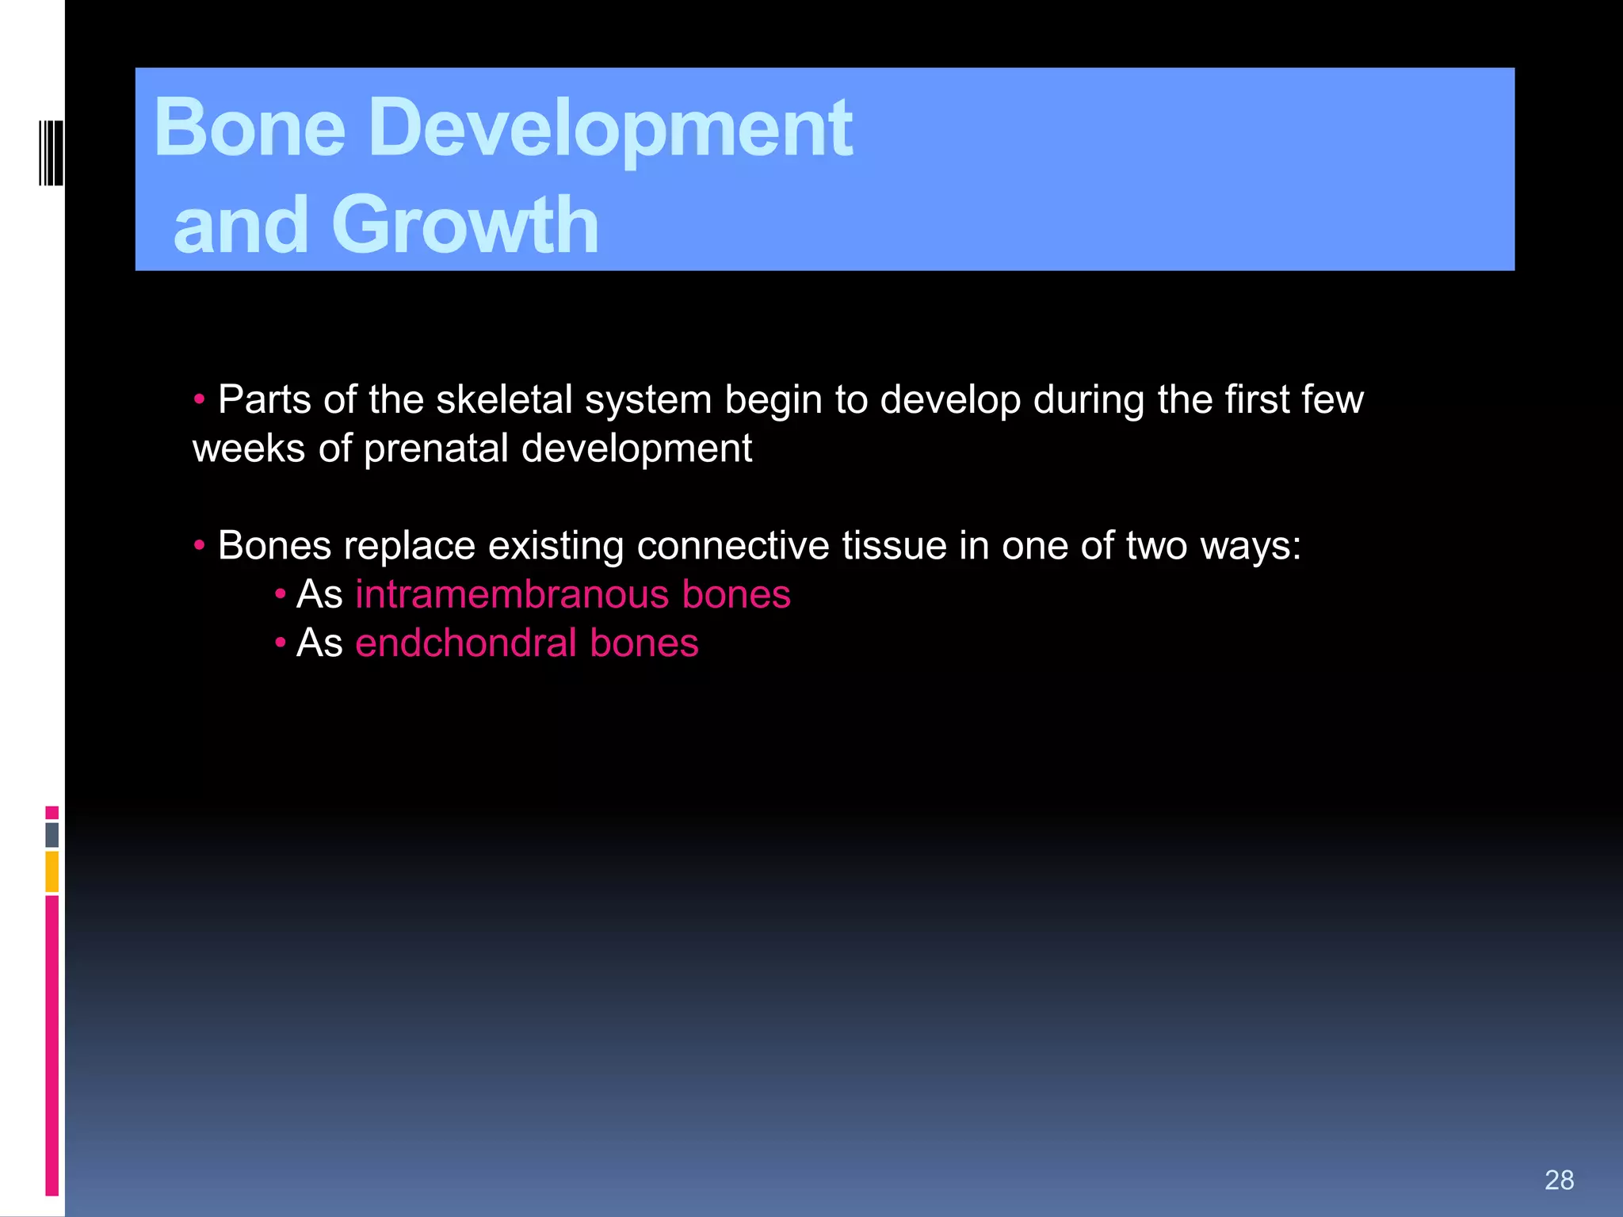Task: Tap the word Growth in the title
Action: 465,226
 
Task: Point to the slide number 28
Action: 1559,1180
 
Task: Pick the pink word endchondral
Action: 466,643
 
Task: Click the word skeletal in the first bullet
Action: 504,399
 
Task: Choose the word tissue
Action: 893,546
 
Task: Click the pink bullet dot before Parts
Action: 200,399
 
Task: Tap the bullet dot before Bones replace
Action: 200,545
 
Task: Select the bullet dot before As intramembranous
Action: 280,593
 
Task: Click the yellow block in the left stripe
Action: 52,872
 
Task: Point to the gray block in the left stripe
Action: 52,834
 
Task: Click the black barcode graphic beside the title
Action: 51,153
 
